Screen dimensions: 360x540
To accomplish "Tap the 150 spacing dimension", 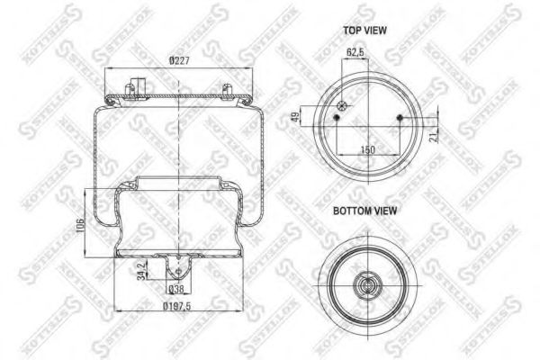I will pyautogui.click(x=367, y=149).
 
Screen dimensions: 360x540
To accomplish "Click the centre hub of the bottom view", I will pyautogui.click(x=366, y=287).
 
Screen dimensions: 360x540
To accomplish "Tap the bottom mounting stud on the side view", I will pyautogui.click(x=177, y=267).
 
